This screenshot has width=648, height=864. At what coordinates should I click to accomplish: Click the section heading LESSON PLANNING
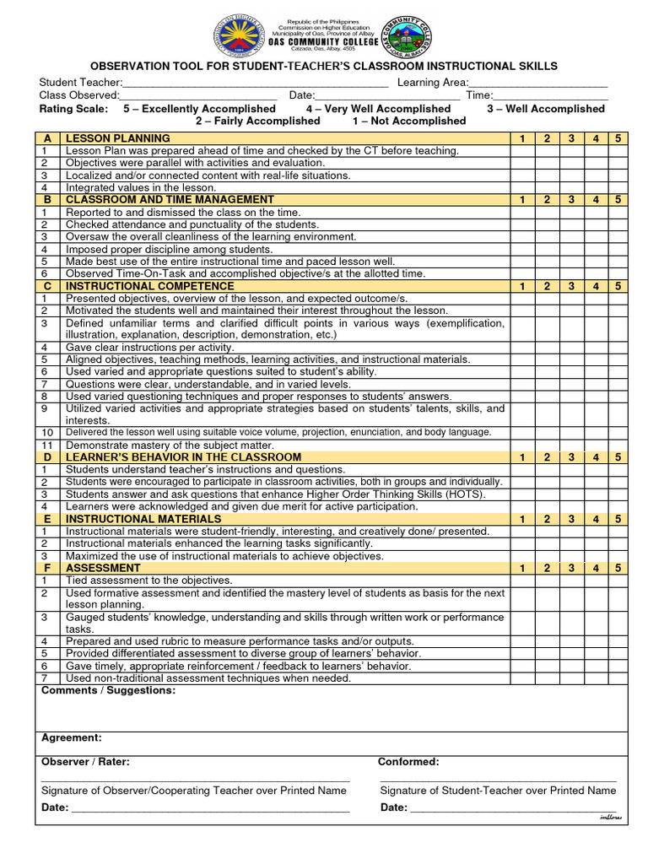click(118, 138)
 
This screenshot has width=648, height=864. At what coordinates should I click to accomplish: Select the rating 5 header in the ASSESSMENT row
click(618, 569)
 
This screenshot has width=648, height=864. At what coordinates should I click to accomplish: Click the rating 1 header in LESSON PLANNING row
click(522, 138)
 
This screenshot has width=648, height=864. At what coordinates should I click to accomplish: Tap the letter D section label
click(48, 457)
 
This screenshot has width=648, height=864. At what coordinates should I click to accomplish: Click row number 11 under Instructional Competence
click(48, 445)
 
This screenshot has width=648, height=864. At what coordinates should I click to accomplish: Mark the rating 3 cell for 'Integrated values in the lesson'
click(570, 188)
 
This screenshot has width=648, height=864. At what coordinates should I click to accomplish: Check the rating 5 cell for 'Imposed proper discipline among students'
click(618, 250)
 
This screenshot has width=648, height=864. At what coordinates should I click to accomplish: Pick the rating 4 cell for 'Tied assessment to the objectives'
click(595, 581)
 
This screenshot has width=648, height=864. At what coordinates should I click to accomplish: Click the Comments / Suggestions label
click(108, 691)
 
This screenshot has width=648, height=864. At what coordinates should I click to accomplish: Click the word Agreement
click(72, 738)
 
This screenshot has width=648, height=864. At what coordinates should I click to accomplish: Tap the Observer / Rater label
click(85, 762)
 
